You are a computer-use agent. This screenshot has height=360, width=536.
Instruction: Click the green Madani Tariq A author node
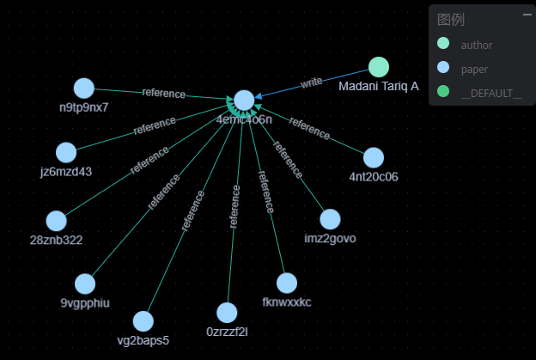pyautogui.click(x=379, y=67)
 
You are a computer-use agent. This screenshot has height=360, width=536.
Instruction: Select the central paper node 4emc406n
pyautogui.click(x=244, y=101)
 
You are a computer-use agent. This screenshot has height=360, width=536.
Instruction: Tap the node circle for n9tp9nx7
pyautogui.click(x=83, y=88)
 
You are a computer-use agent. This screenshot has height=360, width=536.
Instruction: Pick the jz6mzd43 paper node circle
pyautogui.click(x=66, y=152)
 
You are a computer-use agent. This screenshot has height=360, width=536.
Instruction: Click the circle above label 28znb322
pyautogui.click(x=56, y=221)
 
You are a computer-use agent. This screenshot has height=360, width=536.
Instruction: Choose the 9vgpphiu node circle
pyautogui.click(x=85, y=284)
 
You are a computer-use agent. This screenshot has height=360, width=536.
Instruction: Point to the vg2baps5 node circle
pyautogui.click(x=143, y=321)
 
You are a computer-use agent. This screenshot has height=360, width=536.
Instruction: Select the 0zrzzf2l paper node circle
pyautogui.click(x=227, y=313)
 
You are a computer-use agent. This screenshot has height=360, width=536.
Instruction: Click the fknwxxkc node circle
pyautogui.click(x=287, y=283)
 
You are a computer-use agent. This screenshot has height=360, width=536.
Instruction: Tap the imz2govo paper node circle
pyautogui.click(x=330, y=219)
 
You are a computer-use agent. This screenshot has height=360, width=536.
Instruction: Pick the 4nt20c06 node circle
pyautogui.click(x=373, y=157)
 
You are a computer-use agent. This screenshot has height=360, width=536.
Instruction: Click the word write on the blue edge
pyautogui.click(x=311, y=82)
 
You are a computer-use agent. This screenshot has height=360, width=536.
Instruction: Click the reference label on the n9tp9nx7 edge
pyautogui.click(x=163, y=93)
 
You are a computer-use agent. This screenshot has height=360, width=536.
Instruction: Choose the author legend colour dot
pyautogui.click(x=443, y=44)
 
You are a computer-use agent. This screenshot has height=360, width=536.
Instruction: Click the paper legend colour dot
pyautogui.click(x=443, y=68)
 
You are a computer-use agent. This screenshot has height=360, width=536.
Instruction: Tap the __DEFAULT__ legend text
pyautogui.click(x=490, y=92)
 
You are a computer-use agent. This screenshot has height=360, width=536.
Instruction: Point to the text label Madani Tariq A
pyautogui.click(x=379, y=86)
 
